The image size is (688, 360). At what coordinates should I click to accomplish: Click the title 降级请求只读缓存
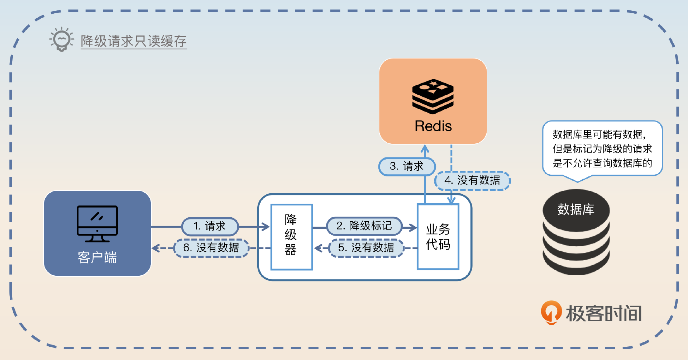[133, 41]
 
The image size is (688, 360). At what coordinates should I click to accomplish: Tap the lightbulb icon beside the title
[62, 39]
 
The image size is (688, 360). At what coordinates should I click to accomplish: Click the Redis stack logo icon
[433, 96]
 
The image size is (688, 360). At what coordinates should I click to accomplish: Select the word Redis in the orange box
[433, 126]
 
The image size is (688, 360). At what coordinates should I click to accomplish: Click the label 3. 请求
[407, 166]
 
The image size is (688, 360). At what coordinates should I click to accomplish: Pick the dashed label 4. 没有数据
[472, 180]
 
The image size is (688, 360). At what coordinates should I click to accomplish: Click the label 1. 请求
[210, 226]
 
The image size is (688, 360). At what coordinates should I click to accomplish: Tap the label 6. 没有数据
[211, 248]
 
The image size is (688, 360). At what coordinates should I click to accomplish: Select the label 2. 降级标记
[364, 226]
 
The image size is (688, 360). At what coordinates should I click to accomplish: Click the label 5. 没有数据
[366, 248]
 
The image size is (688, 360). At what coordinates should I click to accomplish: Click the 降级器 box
[291, 237]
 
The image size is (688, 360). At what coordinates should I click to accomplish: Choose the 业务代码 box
[438, 237]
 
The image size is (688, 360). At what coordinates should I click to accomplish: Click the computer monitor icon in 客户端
[97, 223]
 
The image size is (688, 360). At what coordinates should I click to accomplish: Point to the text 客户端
[97, 257]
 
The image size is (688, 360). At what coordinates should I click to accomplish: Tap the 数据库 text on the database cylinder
[576, 209]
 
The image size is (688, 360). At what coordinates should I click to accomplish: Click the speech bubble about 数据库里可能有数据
[602, 149]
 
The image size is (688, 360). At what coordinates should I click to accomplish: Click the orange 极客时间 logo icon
[551, 312]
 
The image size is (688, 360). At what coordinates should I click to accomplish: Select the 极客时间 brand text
[604, 313]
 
